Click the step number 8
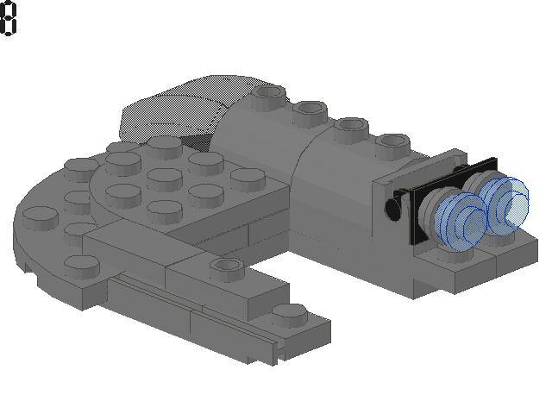(x=8, y=18)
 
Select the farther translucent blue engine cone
(x=504, y=205)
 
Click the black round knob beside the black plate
(x=392, y=209)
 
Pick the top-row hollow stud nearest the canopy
(x=268, y=96)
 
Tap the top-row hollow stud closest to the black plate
(x=392, y=145)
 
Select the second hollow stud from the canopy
(x=310, y=111)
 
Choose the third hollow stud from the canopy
(x=351, y=129)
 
